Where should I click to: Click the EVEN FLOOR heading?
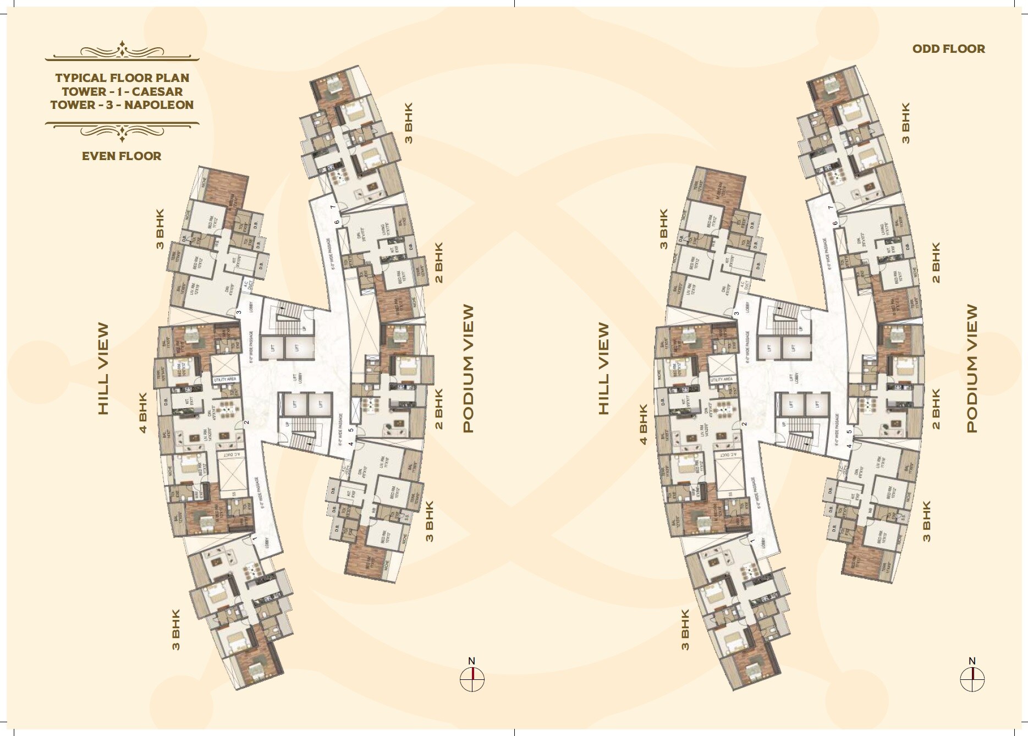pos(122,156)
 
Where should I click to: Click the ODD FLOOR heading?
pos(948,49)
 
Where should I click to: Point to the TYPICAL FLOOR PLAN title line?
pos(122,78)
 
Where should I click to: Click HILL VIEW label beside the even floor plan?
pos(103,369)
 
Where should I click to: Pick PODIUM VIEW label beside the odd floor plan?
pos(972,369)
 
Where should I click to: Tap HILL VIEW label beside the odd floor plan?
pos(603,369)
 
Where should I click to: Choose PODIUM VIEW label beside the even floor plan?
pos(468,369)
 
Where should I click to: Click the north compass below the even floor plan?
pos(472,678)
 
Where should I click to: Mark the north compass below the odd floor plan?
pos(972,678)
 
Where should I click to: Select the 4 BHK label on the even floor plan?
pos(143,413)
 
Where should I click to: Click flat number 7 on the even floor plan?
pos(332,207)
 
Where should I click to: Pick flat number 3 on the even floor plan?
pos(239,313)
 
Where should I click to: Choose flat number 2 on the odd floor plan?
pos(744,424)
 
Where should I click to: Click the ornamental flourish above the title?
pos(122,51)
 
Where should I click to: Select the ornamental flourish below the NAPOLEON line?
pos(122,130)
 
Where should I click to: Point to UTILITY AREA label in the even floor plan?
pos(225,380)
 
